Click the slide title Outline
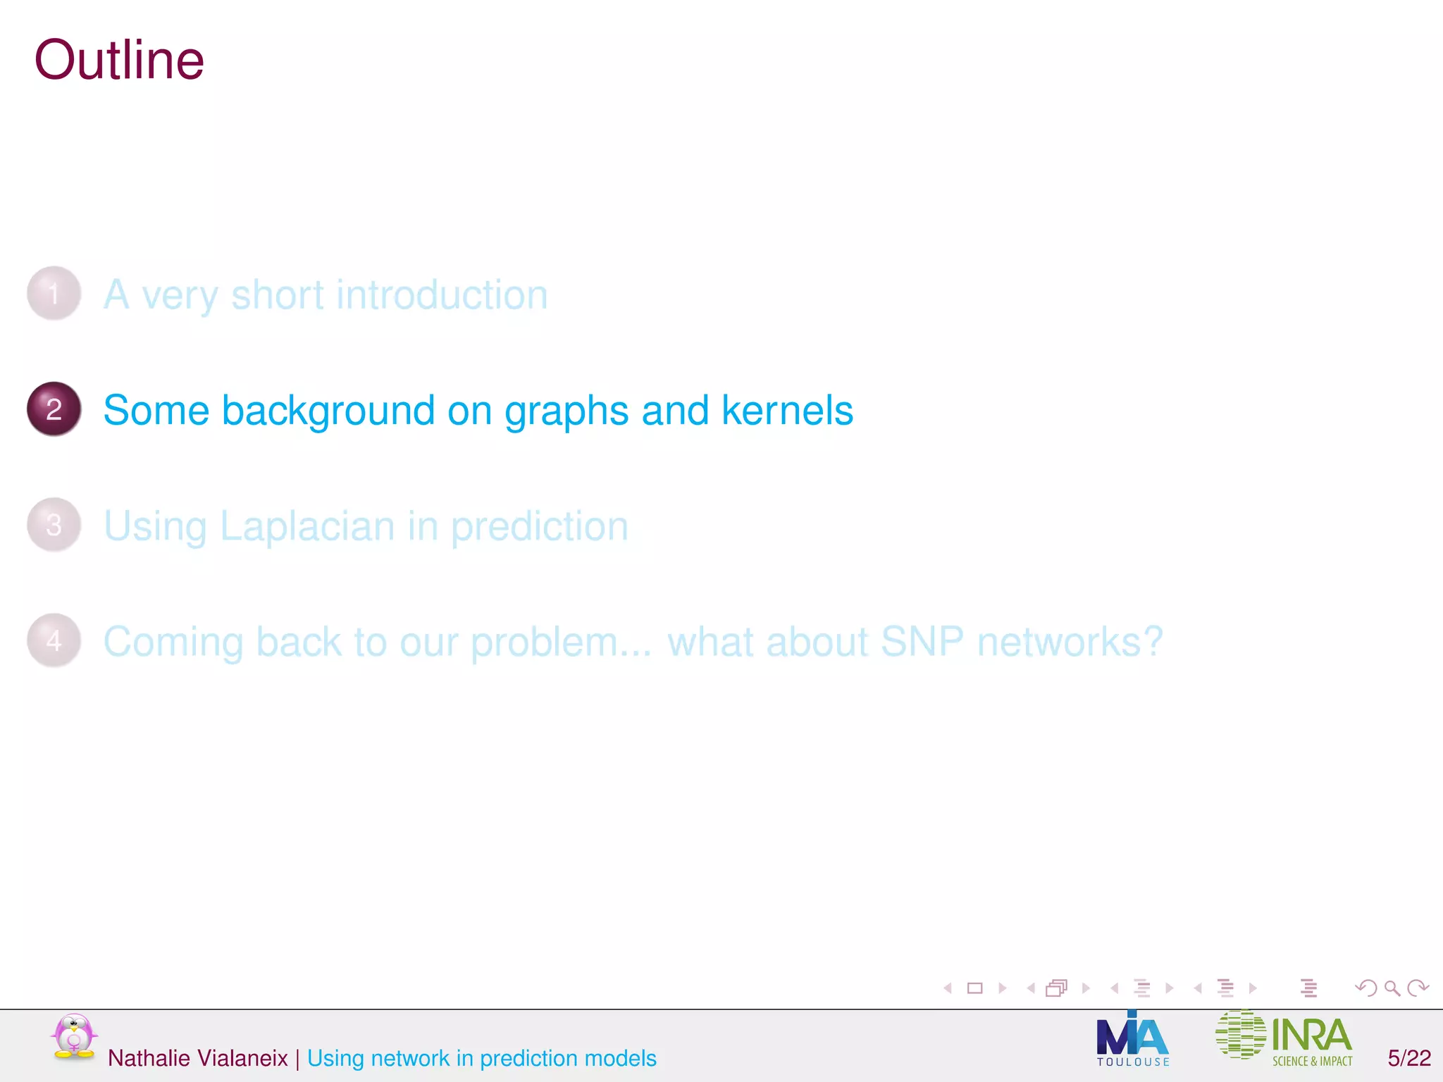point(119,61)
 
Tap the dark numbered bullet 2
point(54,409)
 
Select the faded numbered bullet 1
point(54,293)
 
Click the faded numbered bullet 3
point(54,525)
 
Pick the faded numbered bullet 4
point(54,640)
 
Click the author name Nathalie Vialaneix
point(197,1058)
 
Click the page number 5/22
point(1408,1058)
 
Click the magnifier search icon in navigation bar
point(1392,988)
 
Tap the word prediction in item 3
point(539,527)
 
